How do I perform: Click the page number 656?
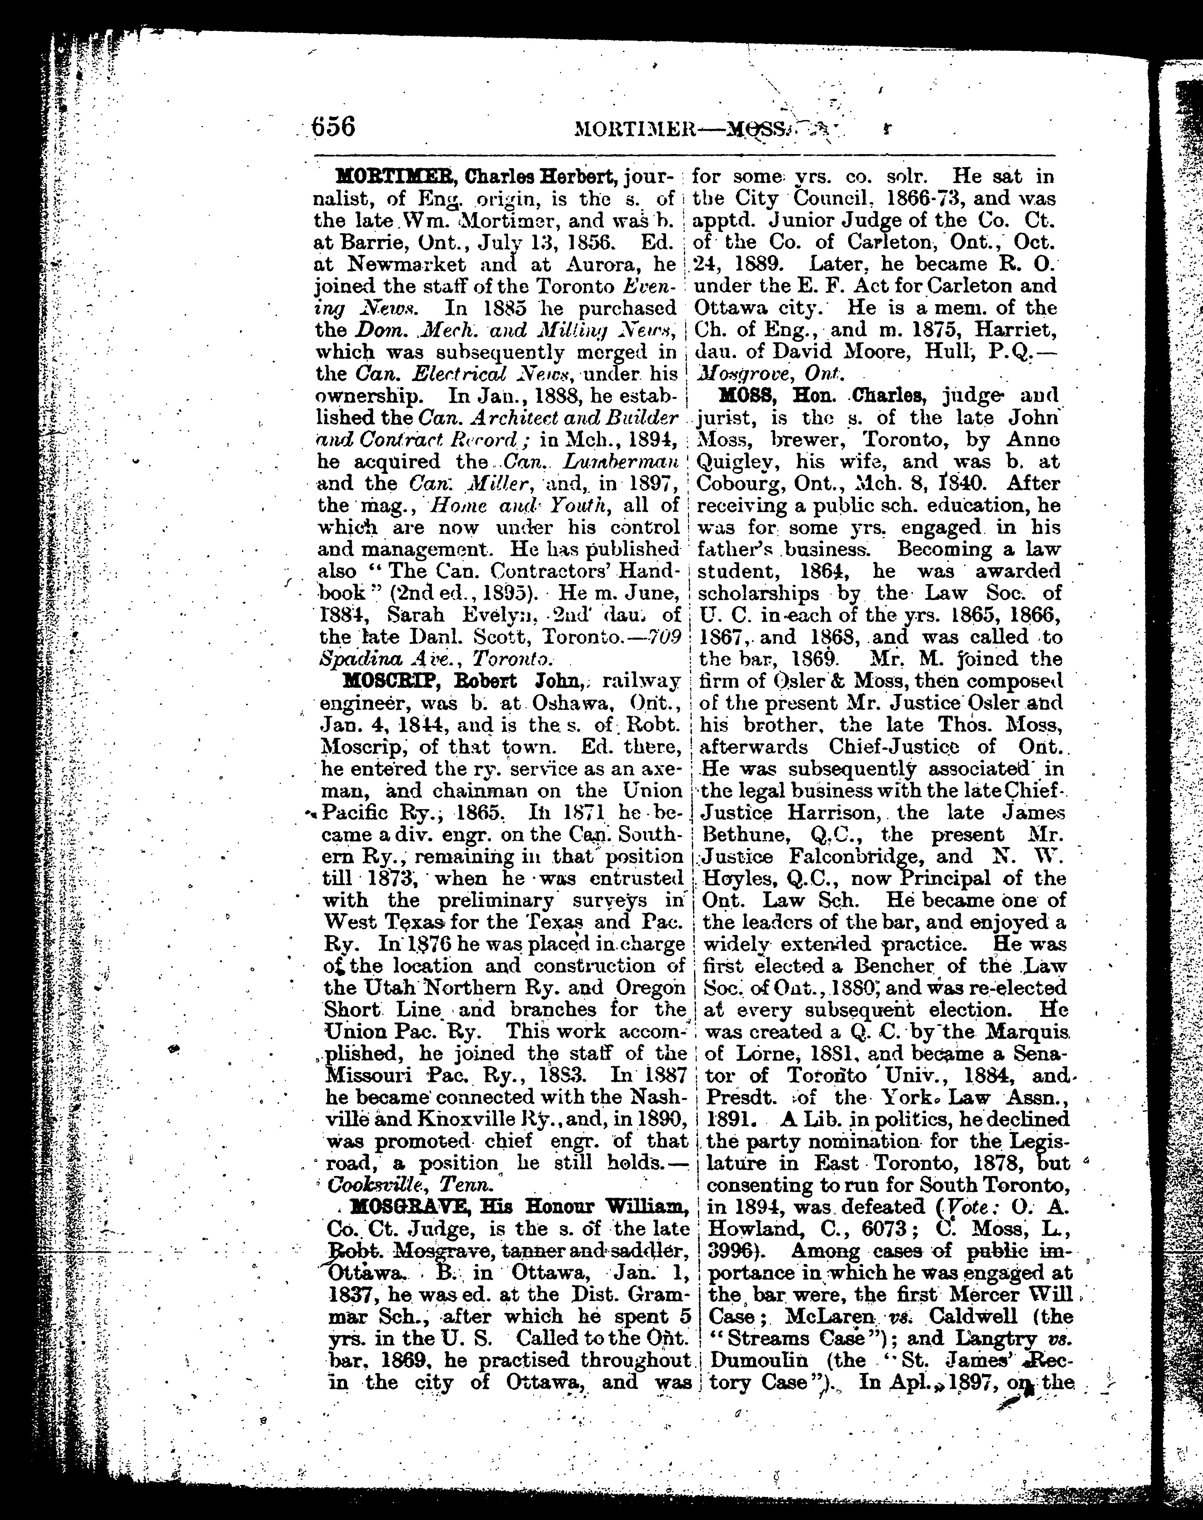point(332,128)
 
